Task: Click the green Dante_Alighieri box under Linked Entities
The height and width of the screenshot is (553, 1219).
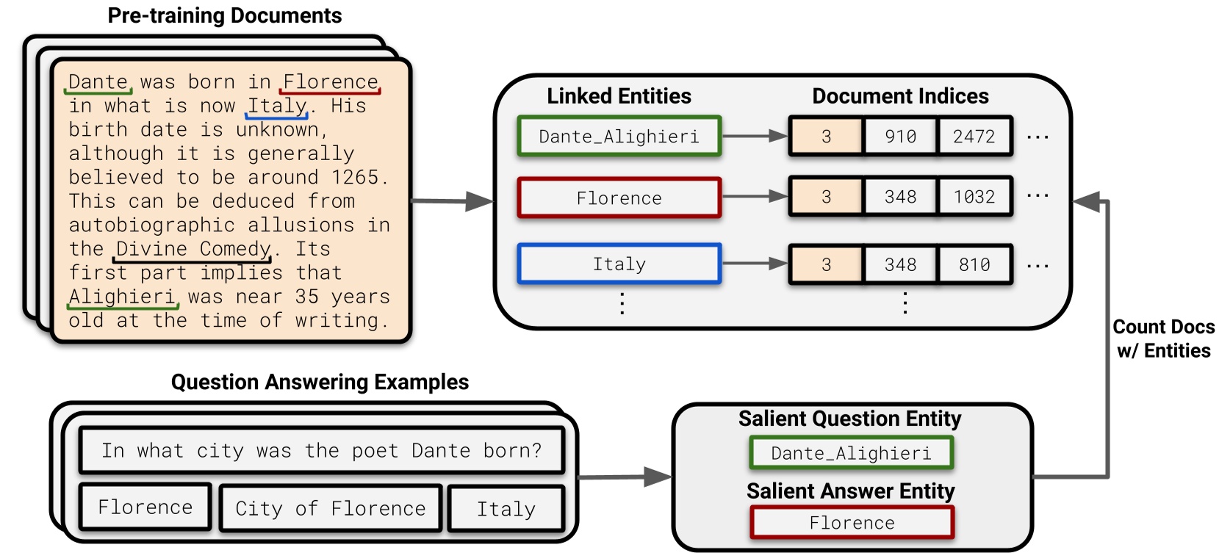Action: point(619,136)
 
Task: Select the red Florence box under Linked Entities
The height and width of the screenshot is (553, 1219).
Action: point(619,198)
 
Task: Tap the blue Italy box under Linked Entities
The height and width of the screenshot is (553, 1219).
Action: point(619,264)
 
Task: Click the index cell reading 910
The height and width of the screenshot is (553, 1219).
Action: point(900,136)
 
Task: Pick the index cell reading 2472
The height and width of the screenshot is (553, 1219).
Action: point(974,136)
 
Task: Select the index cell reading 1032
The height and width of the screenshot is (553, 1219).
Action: point(974,197)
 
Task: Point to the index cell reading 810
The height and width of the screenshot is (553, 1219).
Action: point(974,264)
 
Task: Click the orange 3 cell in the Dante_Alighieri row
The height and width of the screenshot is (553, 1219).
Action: point(826,136)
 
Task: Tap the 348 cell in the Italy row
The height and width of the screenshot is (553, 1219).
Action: point(900,264)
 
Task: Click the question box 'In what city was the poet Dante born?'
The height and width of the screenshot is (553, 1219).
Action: point(321,450)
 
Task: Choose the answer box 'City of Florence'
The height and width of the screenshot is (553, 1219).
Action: point(331,508)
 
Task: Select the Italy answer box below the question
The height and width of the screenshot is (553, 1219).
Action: point(506,508)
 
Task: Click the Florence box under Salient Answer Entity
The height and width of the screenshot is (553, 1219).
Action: point(852,522)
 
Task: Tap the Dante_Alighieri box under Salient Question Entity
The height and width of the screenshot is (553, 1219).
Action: point(851,453)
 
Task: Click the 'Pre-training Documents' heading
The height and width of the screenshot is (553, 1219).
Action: point(224,15)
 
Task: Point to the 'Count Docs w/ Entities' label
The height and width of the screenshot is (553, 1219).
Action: point(1163,339)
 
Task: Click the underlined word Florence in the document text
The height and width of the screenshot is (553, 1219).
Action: point(331,82)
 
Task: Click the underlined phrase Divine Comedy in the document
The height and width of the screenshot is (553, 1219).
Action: point(194,249)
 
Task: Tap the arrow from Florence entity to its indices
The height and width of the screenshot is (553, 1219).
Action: point(754,196)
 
